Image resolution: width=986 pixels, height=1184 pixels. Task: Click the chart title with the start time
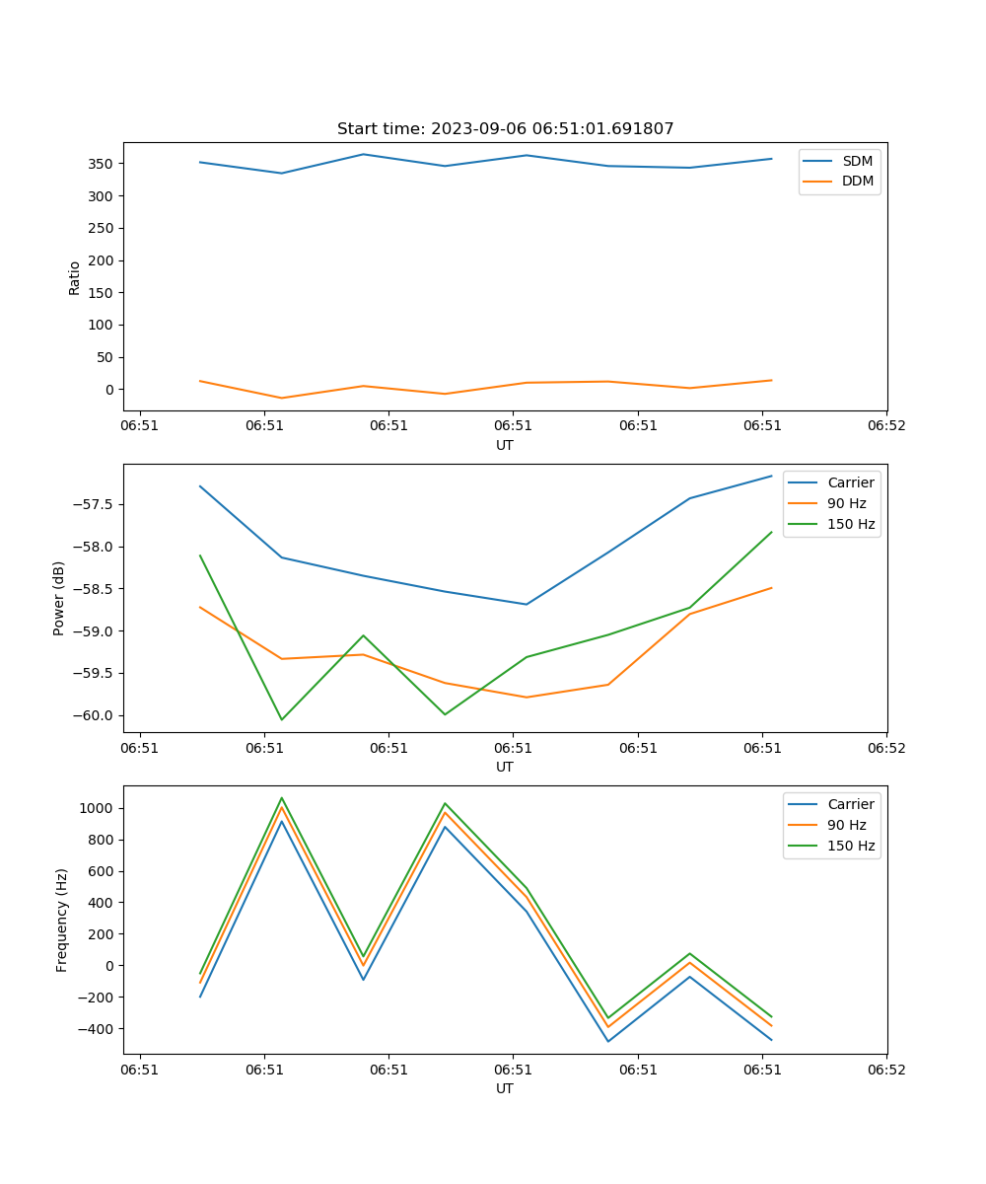[x=505, y=129]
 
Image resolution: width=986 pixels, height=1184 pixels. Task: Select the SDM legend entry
[x=857, y=161]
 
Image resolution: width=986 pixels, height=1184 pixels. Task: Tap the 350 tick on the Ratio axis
[x=104, y=164]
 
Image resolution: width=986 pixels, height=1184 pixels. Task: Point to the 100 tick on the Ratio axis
[x=104, y=326]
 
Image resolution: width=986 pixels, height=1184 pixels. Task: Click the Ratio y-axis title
[x=75, y=277]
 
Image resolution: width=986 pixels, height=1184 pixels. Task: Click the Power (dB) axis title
[x=60, y=598]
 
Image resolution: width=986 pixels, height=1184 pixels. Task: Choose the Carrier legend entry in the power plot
[x=850, y=482]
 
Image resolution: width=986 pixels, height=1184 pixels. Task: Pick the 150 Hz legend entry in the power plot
[x=850, y=524]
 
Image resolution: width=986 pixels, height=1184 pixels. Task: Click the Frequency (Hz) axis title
[x=62, y=920]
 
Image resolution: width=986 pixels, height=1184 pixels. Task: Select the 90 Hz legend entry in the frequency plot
[x=846, y=825]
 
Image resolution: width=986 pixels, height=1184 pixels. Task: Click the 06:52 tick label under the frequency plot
[x=886, y=1070]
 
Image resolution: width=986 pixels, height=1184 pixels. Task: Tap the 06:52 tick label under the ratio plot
[x=886, y=426]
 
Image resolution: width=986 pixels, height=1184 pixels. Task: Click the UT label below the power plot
[x=505, y=767]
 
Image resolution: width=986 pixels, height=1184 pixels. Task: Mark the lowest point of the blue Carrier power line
[x=527, y=604]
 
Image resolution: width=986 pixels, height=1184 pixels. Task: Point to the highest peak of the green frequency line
[x=282, y=798]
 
